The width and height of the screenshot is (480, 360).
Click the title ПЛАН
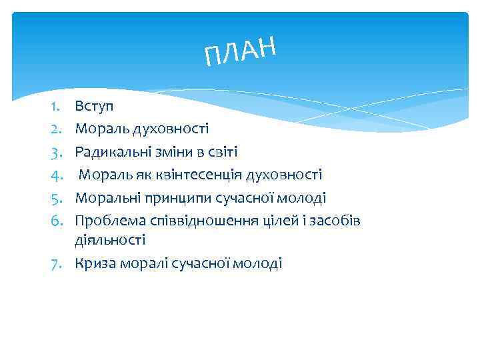pos(240,51)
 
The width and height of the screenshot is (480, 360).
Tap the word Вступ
pos(94,106)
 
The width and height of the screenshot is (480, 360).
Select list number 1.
pos(56,106)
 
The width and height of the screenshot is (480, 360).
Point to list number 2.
pos(56,129)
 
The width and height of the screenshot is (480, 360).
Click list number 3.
pos(56,152)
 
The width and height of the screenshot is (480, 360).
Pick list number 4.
pos(56,175)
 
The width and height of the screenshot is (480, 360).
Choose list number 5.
pos(56,198)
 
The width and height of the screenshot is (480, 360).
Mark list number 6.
pos(56,221)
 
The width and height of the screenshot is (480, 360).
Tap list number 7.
pos(56,263)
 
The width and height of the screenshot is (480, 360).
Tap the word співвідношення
pos(189,221)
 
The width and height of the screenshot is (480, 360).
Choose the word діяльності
pos(110,239)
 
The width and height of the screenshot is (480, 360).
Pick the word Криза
pos(95,263)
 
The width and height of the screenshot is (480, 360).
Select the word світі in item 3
pos(222,152)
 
